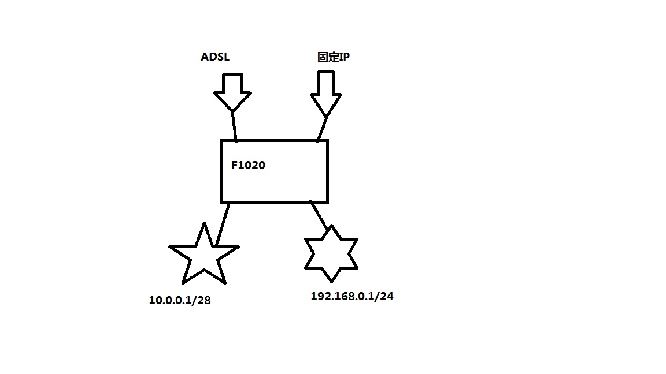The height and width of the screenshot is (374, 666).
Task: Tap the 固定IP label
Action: click(x=333, y=57)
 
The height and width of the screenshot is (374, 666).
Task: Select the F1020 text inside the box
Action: click(x=248, y=166)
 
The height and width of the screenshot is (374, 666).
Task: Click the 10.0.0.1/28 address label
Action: click(x=180, y=300)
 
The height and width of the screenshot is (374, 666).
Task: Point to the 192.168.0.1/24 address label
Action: click(x=352, y=297)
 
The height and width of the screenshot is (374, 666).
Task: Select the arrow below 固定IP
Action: click(x=325, y=92)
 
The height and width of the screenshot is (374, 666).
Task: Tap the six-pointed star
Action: click(x=331, y=253)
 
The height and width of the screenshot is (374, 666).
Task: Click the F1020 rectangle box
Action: click(x=274, y=185)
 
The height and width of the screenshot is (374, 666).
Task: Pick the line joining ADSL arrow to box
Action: click(x=234, y=126)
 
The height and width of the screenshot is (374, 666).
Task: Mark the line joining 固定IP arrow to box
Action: click(x=323, y=128)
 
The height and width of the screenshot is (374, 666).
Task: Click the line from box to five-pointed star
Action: click(x=223, y=223)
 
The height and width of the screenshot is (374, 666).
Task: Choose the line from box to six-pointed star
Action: click(x=319, y=214)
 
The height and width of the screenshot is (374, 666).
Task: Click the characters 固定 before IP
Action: click(x=326, y=57)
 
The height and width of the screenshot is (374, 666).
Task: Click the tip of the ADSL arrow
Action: click(x=232, y=110)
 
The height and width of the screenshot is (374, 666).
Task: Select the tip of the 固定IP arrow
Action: click(x=327, y=115)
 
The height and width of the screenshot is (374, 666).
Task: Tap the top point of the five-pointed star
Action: click(x=204, y=224)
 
